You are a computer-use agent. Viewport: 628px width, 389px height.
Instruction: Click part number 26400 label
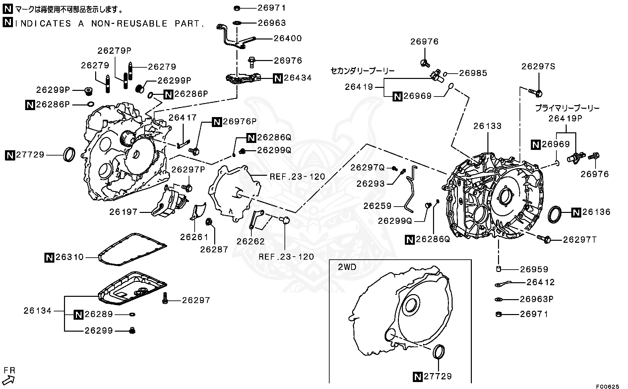point(287,38)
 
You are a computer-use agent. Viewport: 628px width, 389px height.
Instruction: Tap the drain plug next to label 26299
point(132,330)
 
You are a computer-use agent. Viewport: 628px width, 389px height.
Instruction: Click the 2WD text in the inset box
point(347,267)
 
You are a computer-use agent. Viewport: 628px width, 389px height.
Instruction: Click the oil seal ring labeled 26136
point(555,214)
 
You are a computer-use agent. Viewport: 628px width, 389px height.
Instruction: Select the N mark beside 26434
point(278,78)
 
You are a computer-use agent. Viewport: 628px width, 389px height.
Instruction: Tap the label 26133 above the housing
point(487,126)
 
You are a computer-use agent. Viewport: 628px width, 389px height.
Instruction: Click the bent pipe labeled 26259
point(411,189)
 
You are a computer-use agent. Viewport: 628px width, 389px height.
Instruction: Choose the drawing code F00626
point(608,386)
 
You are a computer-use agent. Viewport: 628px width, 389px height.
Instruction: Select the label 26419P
point(565,118)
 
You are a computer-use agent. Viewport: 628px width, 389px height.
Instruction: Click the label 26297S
point(538,66)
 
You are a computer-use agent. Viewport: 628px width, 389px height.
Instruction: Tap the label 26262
point(251,241)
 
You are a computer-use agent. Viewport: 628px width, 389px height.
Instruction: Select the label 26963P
point(536,299)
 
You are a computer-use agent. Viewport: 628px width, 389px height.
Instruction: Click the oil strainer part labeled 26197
point(169,204)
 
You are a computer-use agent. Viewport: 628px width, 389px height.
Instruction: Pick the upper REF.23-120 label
point(297,177)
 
